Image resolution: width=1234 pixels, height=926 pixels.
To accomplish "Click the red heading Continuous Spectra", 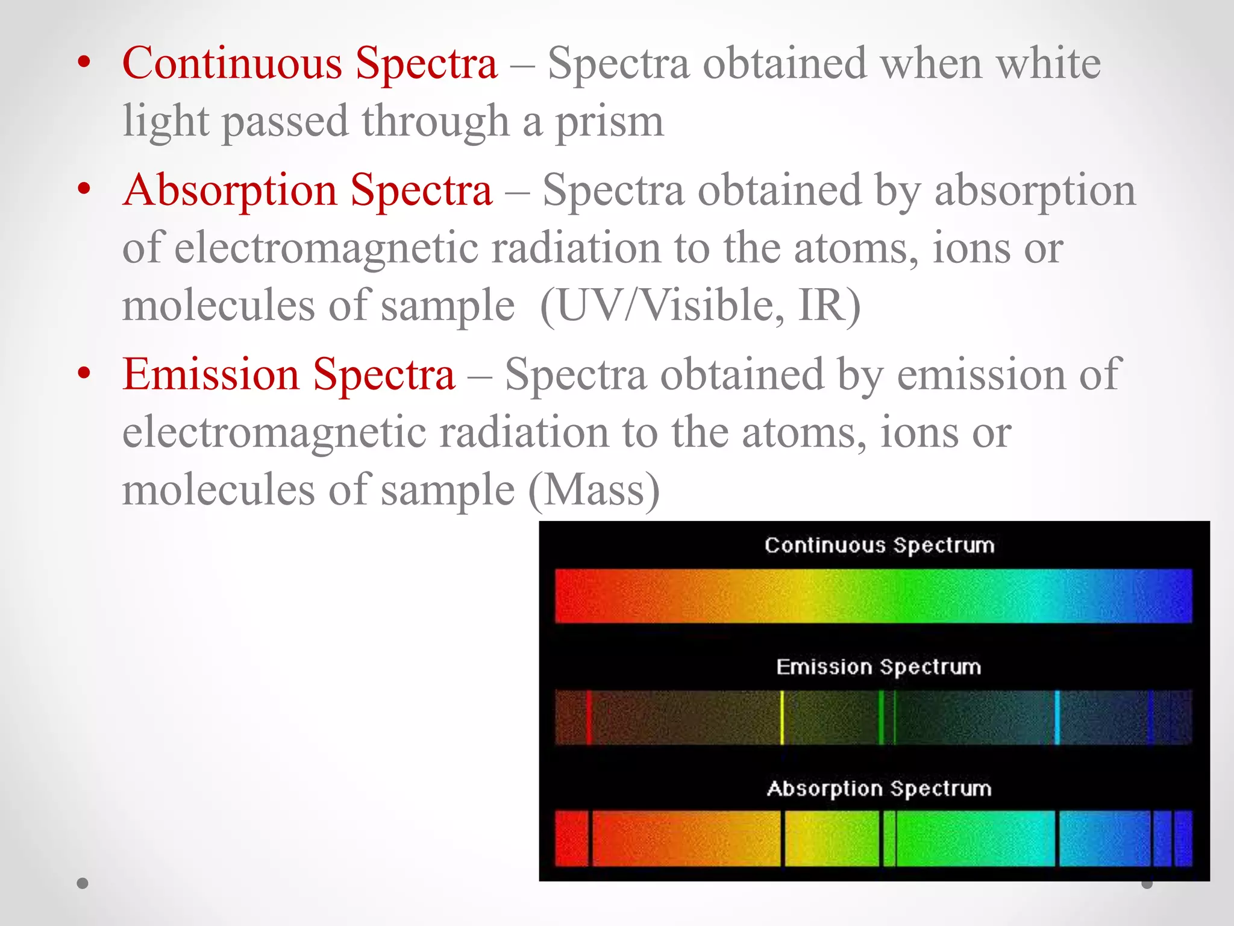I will coord(310,63).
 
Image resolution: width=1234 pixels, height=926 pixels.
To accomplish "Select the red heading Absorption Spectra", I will coord(307,191).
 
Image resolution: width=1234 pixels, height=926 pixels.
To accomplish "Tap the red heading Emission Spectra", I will coord(288,375).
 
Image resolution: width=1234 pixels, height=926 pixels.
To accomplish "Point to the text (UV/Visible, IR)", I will coord(700,306).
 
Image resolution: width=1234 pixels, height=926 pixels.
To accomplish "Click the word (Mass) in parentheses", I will coord(594,490).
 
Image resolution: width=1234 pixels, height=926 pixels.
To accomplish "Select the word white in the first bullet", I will coord(1048,63).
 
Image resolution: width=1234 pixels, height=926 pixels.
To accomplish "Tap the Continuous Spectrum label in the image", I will coord(879,545).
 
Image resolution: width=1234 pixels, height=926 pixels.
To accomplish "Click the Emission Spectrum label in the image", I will coord(879,667).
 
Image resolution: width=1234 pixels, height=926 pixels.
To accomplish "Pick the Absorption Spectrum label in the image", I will coord(879,789).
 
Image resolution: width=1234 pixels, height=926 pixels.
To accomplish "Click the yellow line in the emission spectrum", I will coord(782,717).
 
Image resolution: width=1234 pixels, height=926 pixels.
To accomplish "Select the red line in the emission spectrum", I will coord(589,717).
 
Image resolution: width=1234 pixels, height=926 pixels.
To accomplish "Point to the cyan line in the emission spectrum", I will coord(1057,717).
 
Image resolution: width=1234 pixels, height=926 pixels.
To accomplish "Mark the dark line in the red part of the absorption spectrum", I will coord(590,839).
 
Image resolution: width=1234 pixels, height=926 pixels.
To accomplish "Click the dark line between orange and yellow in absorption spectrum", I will coord(783,839).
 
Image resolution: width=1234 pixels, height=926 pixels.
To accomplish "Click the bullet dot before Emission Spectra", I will coord(84,373).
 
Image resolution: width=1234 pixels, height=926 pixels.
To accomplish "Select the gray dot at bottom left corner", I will coord(83,883).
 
